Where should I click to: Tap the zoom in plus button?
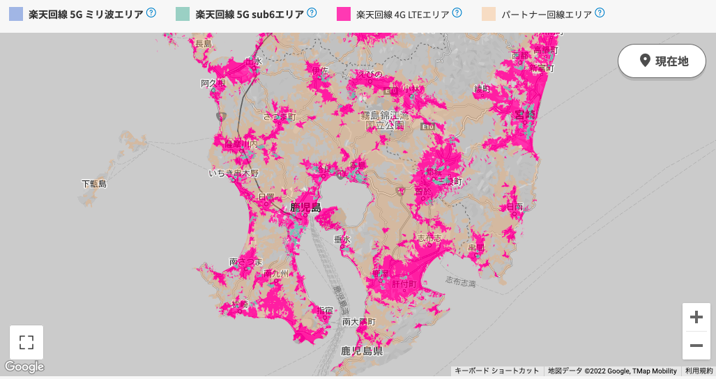pos(696,318)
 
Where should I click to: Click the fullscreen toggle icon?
pos(26,342)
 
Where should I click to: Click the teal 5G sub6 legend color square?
pos(183,14)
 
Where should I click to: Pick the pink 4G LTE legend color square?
pos(343,14)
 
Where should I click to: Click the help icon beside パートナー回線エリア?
pos(600,13)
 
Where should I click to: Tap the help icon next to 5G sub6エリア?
pos(312,13)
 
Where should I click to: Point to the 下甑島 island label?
pos(94,184)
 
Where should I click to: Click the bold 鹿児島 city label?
pos(305,207)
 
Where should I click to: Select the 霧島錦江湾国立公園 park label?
pos(386,120)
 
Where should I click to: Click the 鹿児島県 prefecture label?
pos(361,351)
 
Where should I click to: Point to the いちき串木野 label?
pos(234,173)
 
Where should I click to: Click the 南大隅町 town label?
pos(359,322)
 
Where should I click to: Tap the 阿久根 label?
pos(213,84)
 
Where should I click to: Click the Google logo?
pos(24,367)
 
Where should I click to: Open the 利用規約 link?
pos(699,371)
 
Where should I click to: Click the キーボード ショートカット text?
pos(497,371)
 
